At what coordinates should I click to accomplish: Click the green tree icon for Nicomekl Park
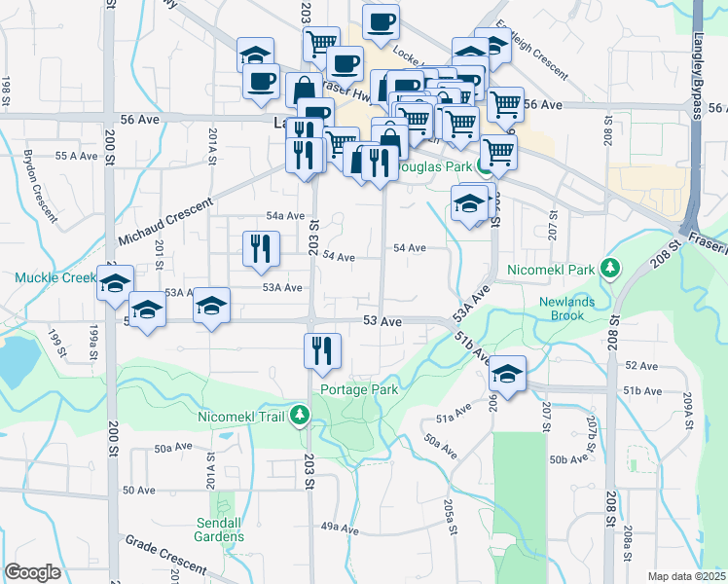tap(610, 267)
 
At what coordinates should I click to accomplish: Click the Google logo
tap(32, 572)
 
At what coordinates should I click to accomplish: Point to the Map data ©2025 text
tap(686, 576)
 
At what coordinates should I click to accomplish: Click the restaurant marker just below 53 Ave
tap(321, 351)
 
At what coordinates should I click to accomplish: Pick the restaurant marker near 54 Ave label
tap(260, 249)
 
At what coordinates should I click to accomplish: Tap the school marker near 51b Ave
tap(507, 374)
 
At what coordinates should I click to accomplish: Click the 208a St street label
tap(628, 540)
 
